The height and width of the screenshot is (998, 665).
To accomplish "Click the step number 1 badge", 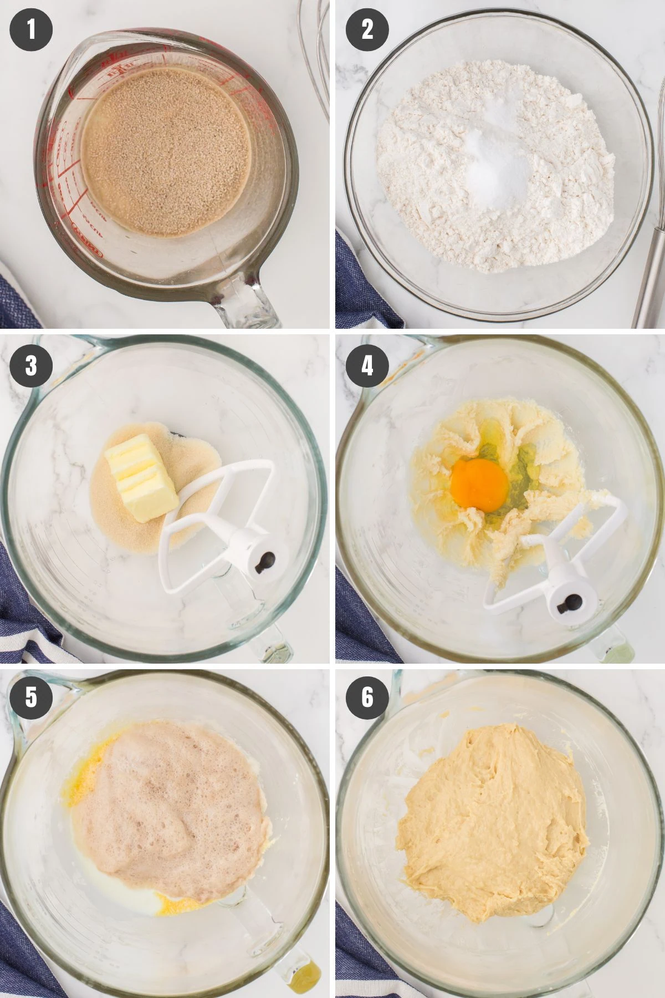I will coord(31,29).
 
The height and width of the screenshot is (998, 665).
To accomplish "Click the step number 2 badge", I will coord(367,29).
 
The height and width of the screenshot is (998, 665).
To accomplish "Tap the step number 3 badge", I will coord(31,366).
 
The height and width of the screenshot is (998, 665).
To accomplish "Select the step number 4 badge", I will coord(367,366).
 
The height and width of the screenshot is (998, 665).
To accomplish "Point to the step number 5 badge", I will coord(31,697).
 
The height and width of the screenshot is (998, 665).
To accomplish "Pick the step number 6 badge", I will coord(367,697).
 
